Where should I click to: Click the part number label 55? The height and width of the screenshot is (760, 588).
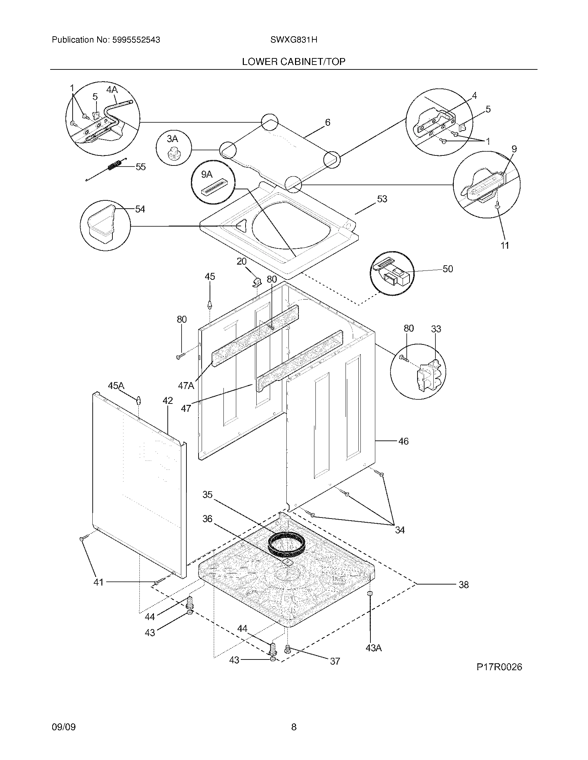(140, 167)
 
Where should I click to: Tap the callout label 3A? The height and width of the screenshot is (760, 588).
(172, 139)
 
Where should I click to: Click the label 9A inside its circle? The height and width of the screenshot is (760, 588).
(206, 174)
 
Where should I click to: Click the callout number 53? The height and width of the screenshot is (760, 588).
(382, 199)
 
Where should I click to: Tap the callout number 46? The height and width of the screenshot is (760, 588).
(403, 441)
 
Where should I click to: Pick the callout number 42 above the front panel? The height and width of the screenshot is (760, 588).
(167, 400)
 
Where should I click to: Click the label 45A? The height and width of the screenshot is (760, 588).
(116, 386)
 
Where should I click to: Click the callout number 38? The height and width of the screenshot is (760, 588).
(463, 585)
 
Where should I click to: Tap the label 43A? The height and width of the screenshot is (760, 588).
(374, 648)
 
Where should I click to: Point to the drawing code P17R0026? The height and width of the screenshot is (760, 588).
(499, 667)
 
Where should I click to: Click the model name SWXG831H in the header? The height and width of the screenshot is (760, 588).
(294, 40)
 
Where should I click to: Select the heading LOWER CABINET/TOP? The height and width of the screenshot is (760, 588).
(294, 61)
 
